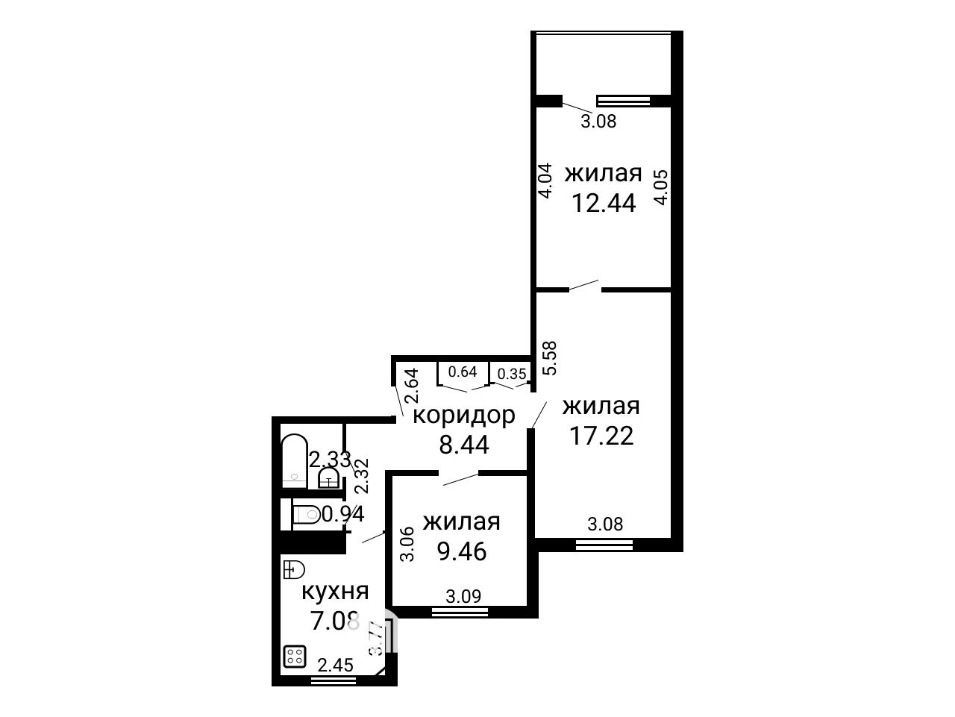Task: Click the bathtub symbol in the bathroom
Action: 295,461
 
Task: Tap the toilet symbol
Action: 306,515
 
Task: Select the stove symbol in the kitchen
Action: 295,657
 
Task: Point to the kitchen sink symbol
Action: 294,569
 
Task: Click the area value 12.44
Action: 604,203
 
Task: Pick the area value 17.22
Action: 601,436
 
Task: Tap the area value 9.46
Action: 462,551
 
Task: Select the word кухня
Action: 335,592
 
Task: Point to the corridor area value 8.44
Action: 464,445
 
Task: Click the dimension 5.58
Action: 550,358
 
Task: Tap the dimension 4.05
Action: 660,187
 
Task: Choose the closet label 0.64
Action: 463,372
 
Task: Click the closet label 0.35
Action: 512,374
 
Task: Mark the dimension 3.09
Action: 464,596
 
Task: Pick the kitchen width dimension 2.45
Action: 336,665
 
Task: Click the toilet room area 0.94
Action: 343,515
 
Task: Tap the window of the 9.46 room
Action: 460,613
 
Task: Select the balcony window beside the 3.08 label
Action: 624,101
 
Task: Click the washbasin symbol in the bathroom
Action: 329,478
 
